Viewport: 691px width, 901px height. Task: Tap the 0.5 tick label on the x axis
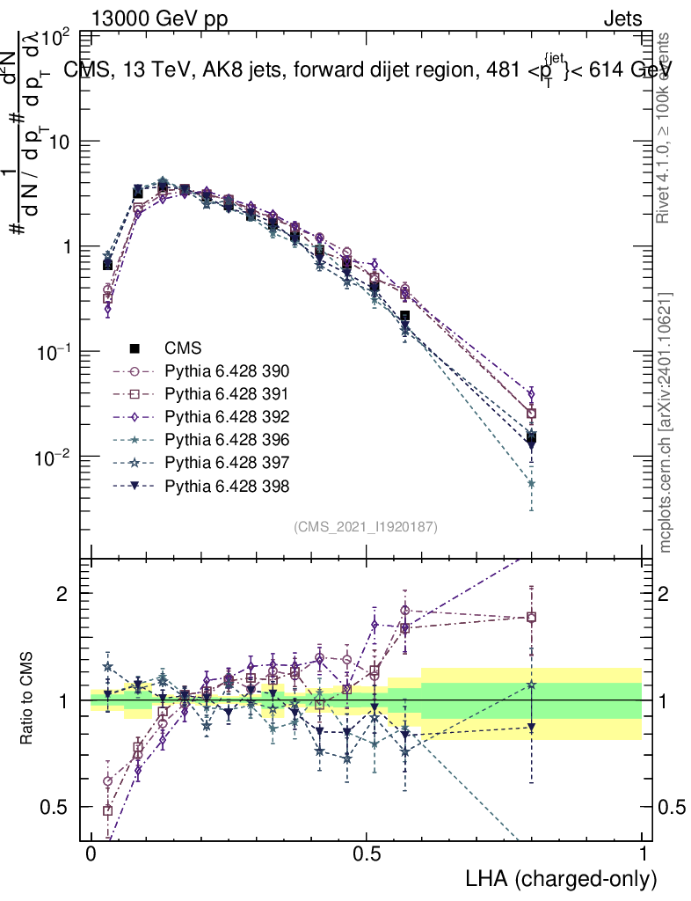coord(367,854)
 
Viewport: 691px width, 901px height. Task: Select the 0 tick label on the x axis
coord(91,854)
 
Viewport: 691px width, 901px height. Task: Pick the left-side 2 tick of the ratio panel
coord(64,593)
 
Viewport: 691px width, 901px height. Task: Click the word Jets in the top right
coord(622,18)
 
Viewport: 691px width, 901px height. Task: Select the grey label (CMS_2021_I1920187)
coord(366,526)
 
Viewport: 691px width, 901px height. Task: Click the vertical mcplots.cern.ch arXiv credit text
coord(666,423)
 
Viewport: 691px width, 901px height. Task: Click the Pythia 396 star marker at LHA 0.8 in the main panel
coord(531,483)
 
